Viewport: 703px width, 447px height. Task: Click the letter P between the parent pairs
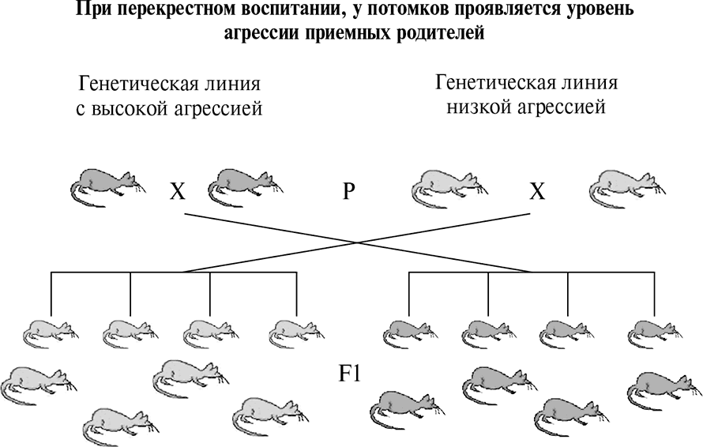click(349, 192)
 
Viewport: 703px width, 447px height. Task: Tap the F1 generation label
click(350, 373)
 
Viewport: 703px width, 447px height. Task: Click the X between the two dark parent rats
click(177, 192)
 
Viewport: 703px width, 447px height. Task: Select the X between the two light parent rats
click(537, 192)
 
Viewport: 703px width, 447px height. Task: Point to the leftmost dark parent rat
click(108, 187)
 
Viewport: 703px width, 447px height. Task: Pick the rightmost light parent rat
click(627, 187)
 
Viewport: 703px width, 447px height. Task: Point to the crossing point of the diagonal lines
click(357, 242)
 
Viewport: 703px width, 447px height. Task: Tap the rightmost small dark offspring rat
click(655, 334)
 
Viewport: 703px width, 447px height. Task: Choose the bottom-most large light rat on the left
click(121, 426)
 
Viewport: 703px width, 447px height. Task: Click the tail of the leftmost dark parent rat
click(81, 196)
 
